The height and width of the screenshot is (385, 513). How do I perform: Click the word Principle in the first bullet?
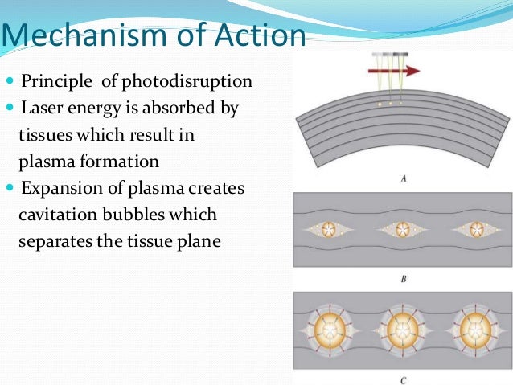coord(55,81)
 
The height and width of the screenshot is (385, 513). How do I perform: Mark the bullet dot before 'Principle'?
coord(10,82)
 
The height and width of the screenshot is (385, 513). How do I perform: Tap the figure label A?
coord(402,179)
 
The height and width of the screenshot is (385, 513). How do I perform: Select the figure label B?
coord(402,279)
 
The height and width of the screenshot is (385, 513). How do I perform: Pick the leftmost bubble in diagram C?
coord(329,330)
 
